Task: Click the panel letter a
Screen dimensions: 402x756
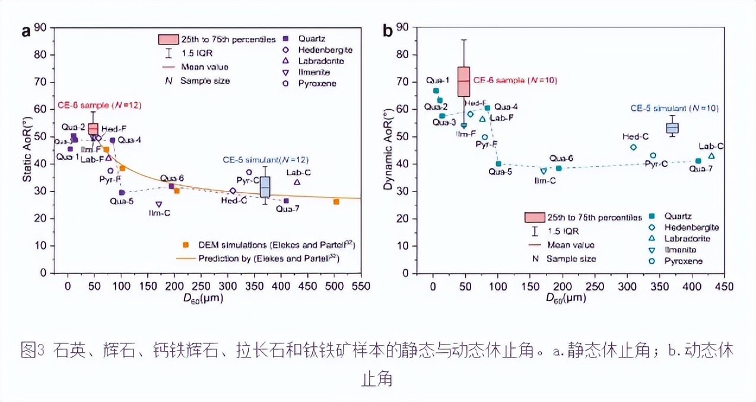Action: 26,31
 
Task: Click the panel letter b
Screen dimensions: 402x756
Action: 387,31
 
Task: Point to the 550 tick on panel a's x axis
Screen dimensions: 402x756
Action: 361,286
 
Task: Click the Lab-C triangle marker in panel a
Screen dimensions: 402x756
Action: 297,182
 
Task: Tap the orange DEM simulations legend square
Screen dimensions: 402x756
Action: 186,244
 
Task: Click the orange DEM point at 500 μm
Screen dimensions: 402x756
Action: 336,202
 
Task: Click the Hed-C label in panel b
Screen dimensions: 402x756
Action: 635,137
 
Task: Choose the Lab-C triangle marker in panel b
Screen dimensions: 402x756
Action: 711,156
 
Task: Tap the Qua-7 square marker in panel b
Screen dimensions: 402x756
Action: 698,161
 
